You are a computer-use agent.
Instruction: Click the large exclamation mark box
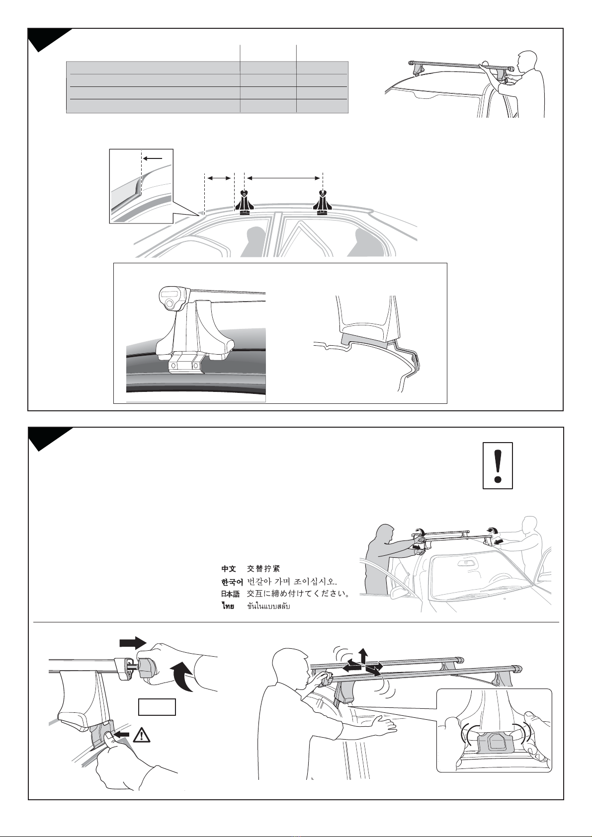tap(498, 465)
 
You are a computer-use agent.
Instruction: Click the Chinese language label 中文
tap(228, 569)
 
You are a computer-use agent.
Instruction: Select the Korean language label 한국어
tap(232, 581)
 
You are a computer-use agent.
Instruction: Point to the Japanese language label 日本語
tap(230, 594)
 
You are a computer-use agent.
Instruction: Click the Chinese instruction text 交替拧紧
tap(263, 569)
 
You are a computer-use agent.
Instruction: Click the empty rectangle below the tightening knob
tap(157, 706)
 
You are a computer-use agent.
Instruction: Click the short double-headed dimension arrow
tap(219, 179)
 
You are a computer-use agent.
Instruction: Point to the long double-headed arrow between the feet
tap(283, 179)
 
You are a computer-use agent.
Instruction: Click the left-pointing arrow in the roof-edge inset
tap(153, 158)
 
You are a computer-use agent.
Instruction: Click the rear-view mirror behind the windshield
tap(466, 562)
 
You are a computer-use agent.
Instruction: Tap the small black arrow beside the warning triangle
tap(122, 734)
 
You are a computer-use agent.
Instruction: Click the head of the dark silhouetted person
tap(384, 533)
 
